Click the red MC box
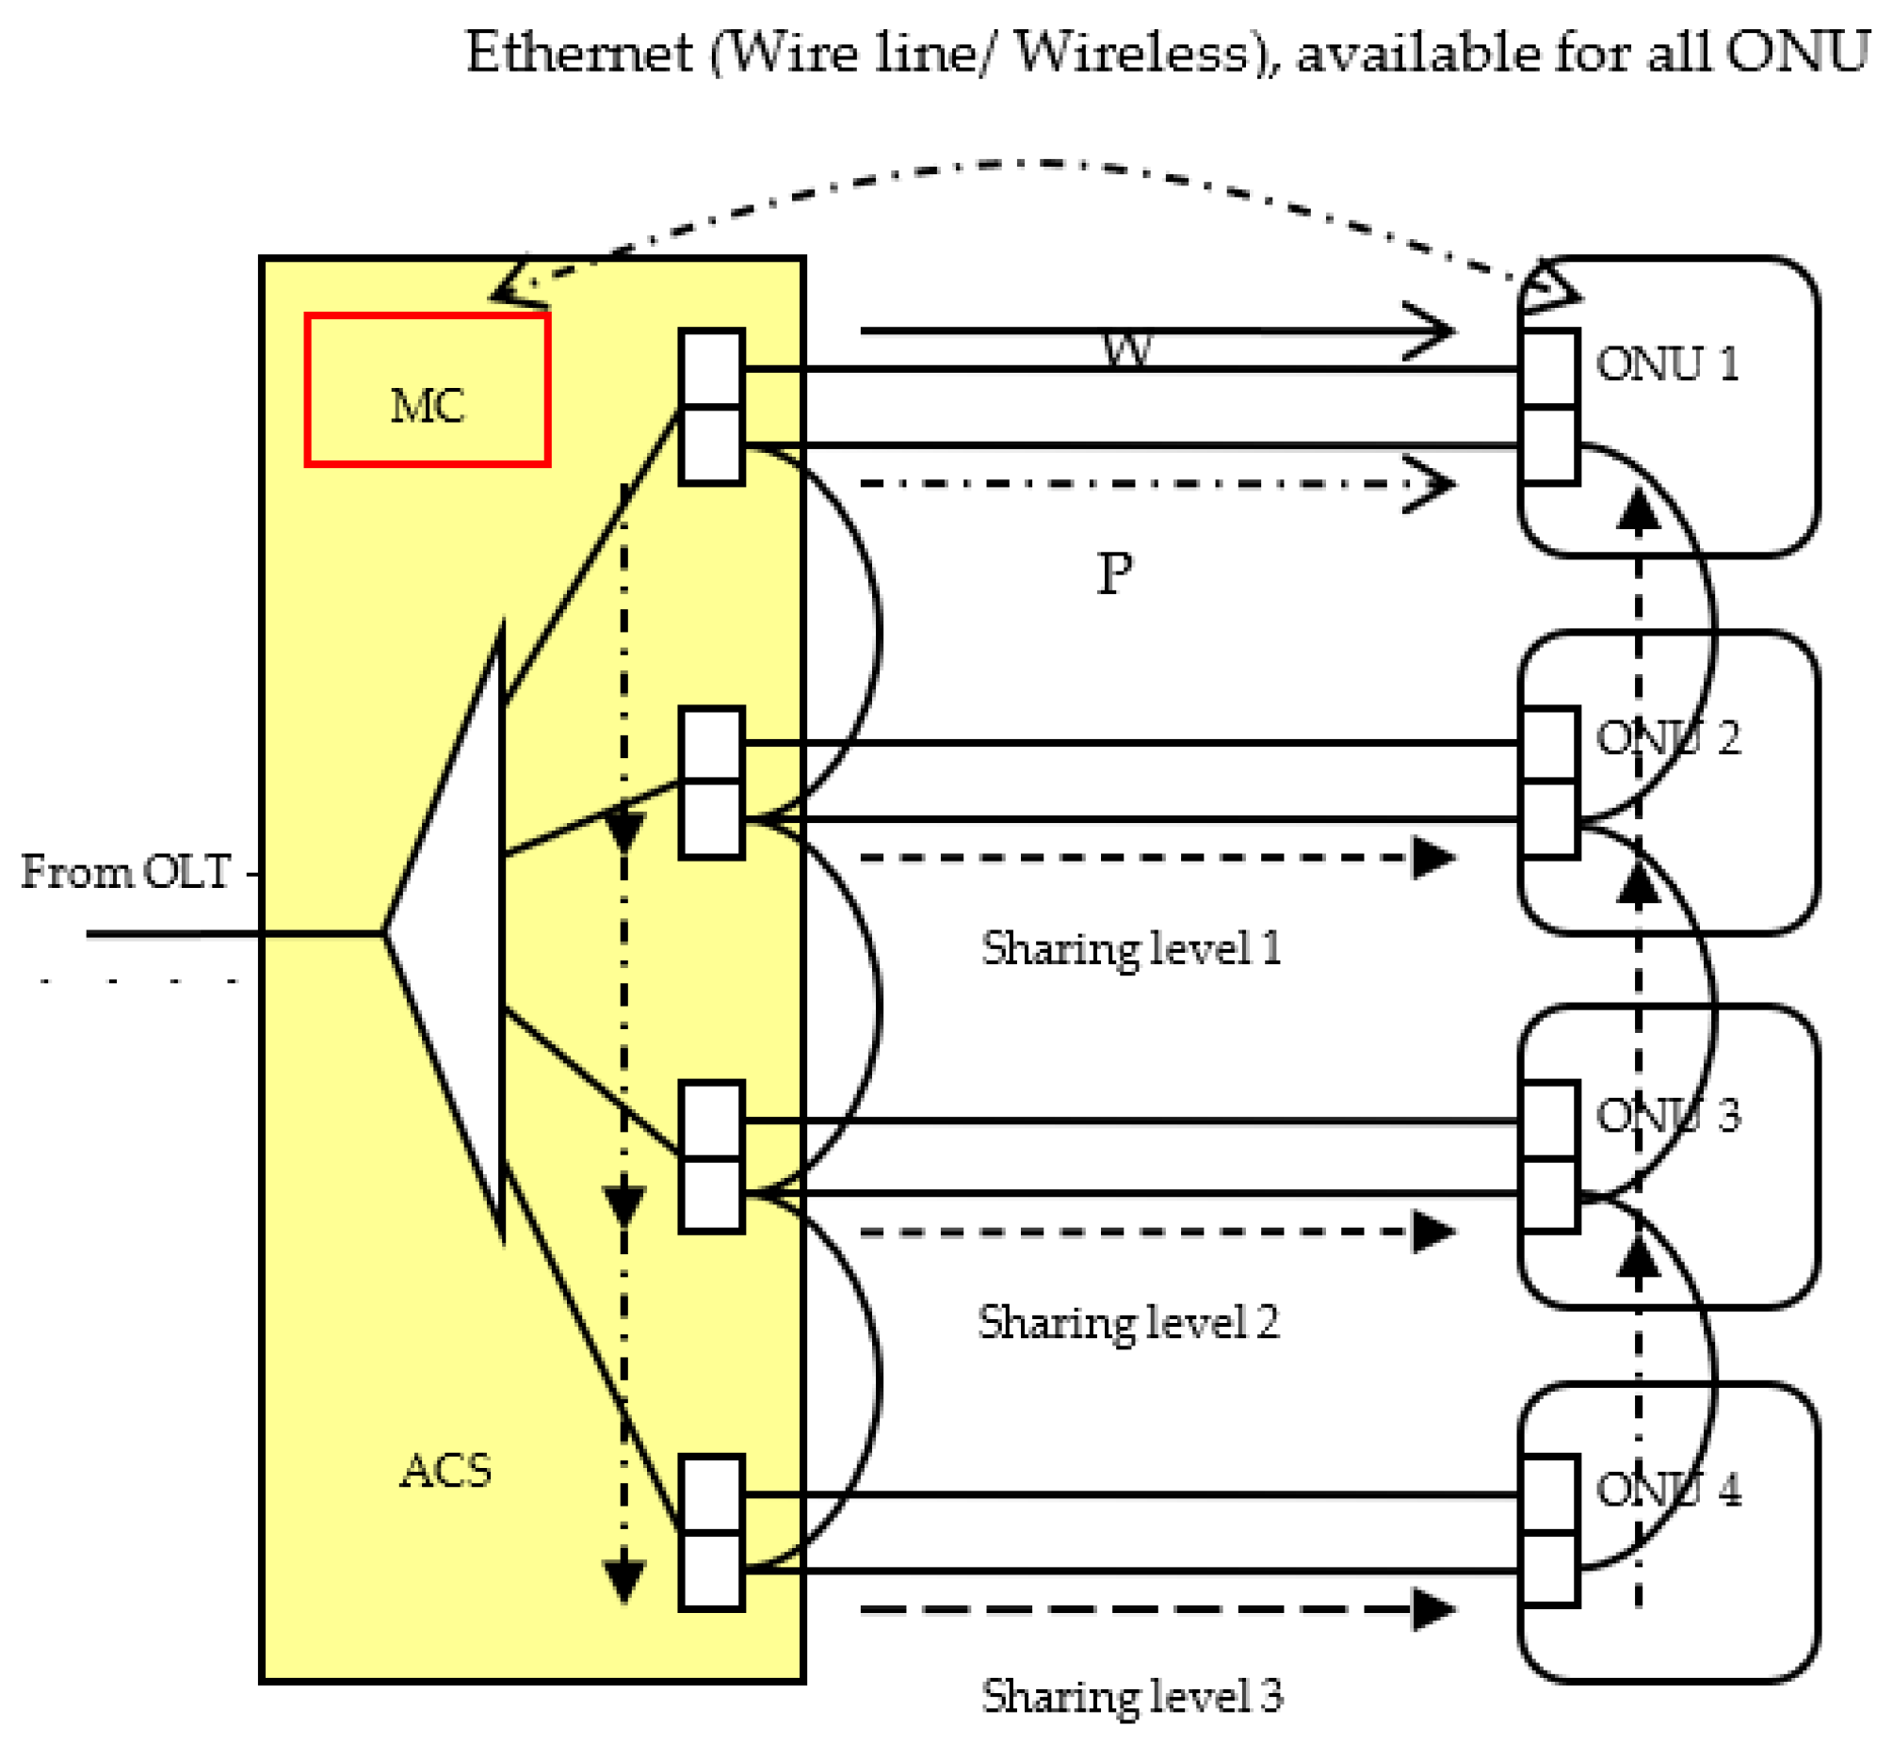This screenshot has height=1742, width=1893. click(427, 389)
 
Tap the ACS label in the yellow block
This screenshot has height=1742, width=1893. click(445, 1472)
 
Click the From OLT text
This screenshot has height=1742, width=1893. click(125, 872)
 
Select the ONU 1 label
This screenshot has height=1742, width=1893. click(1667, 363)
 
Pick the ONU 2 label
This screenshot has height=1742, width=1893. click(1668, 738)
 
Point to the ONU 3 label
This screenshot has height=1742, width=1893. click(1668, 1115)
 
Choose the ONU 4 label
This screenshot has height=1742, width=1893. click(1668, 1491)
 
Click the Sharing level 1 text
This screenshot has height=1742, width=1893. click(1130, 949)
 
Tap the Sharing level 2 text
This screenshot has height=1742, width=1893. click(1128, 1324)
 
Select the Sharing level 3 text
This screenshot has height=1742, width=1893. click(1131, 1697)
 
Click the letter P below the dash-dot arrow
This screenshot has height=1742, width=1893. click(1114, 573)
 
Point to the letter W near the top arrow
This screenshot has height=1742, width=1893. click(1126, 350)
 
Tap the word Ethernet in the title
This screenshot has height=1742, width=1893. click(579, 52)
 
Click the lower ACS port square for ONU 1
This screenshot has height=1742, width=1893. click(712, 445)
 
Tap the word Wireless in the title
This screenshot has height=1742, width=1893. click(1131, 52)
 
